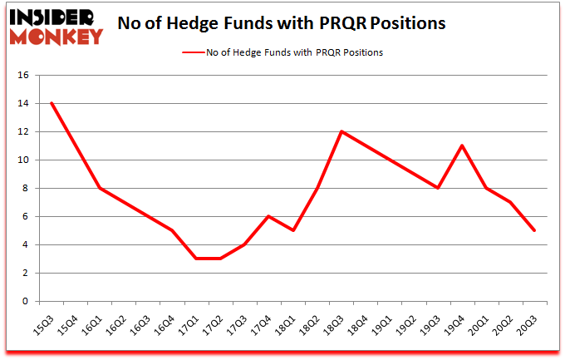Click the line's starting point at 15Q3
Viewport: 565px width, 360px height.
pos(52,103)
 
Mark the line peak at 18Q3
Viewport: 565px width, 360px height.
pos(341,131)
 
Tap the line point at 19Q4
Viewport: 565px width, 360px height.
pos(462,145)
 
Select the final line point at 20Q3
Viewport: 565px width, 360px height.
pos(534,230)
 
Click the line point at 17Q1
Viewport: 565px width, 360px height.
pos(196,259)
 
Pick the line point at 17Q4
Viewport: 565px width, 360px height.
pos(268,216)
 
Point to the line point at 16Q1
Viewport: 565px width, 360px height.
pos(100,188)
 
